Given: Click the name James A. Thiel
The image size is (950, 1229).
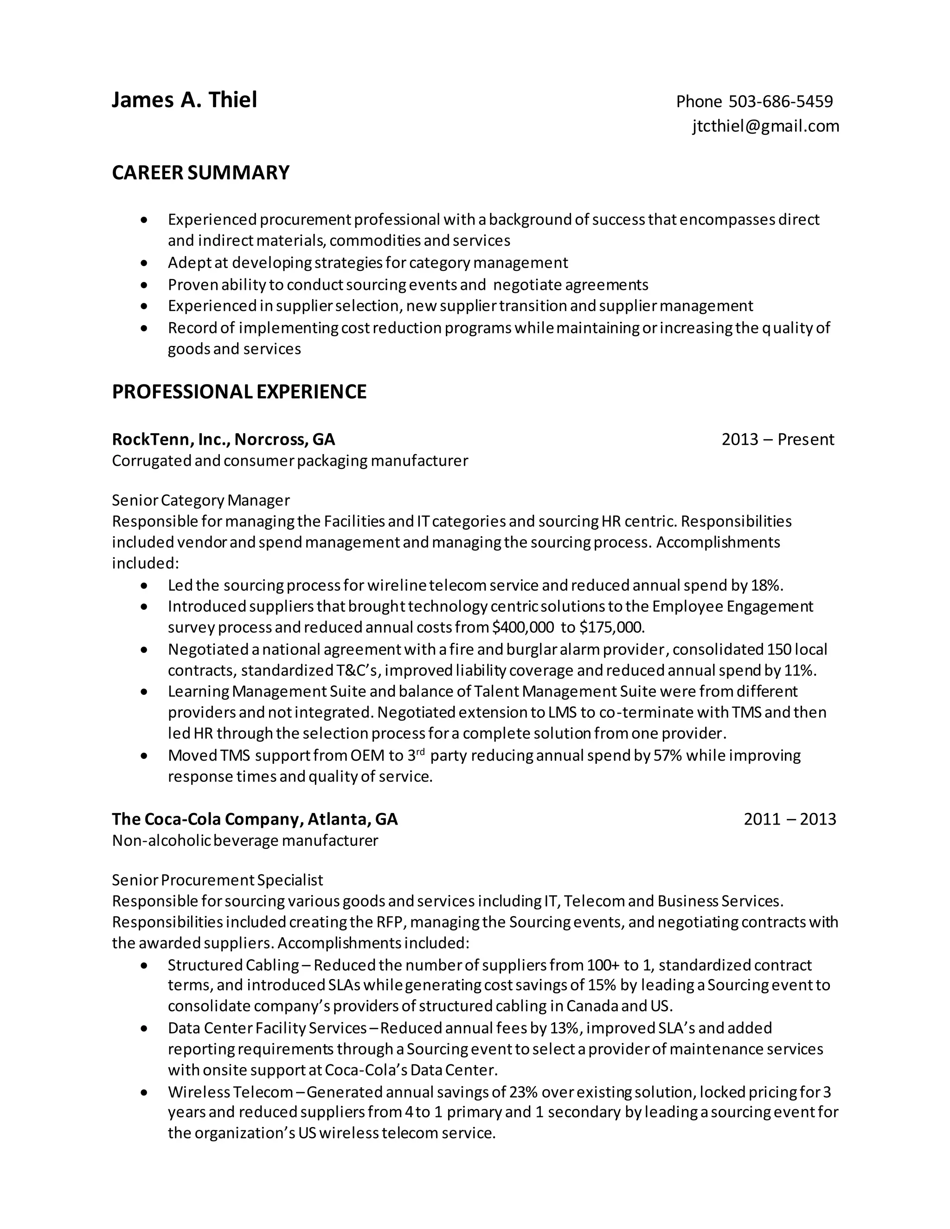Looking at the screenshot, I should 184,100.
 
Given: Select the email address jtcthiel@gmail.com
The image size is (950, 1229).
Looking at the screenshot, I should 765,126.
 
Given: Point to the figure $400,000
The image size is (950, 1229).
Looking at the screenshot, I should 522,627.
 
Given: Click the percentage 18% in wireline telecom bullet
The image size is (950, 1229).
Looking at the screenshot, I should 765,585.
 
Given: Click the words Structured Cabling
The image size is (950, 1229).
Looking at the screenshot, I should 233,965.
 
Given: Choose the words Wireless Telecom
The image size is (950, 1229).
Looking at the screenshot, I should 230,1092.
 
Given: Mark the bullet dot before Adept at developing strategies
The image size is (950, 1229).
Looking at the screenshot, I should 145,263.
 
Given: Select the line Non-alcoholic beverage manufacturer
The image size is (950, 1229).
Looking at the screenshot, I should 245,840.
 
